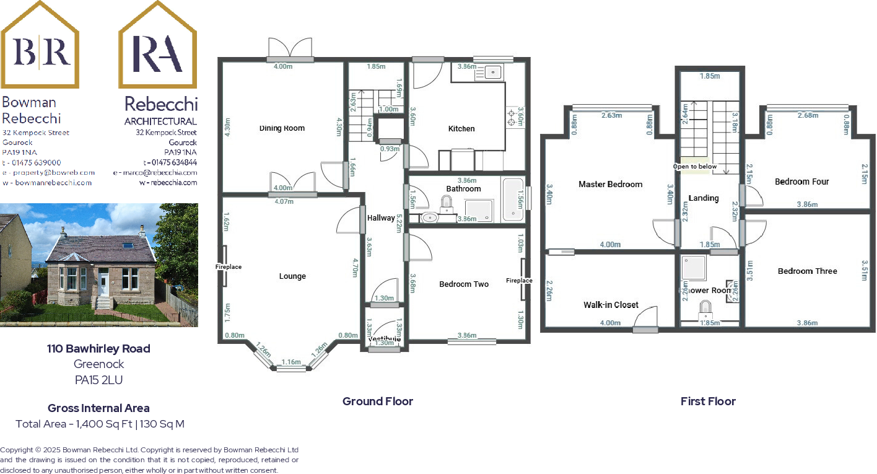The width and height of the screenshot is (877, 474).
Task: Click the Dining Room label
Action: pyautogui.click(x=282, y=128)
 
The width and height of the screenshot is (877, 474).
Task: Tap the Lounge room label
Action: pyautogui.click(x=292, y=276)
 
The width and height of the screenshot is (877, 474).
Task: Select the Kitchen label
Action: pyautogui.click(x=461, y=129)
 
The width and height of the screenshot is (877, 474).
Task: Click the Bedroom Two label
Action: pyautogui.click(x=464, y=284)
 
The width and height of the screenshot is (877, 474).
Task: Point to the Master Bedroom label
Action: pyautogui.click(x=610, y=184)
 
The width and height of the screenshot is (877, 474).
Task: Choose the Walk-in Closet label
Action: pyautogui.click(x=611, y=305)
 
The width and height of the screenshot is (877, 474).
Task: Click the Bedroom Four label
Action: pyautogui.click(x=801, y=182)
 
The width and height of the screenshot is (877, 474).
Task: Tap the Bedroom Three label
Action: pyautogui.click(x=807, y=271)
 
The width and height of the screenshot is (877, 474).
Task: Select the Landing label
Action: pyautogui.click(x=704, y=198)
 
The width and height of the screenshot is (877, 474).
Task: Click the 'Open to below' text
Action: pyautogui.click(x=695, y=167)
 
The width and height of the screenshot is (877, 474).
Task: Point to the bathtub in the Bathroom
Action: pyautogui.click(x=513, y=200)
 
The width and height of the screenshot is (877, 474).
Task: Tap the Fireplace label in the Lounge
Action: pyautogui.click(x=229, y=267)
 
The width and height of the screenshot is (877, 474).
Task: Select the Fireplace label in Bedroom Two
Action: pyautogui.click(x=518, y=281)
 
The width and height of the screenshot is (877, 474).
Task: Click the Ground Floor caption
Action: pyautogui.click(x=378, y=402)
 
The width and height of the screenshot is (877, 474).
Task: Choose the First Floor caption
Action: pyautogui.click(x=708, y=402)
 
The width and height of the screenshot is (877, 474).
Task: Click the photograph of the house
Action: pyautogui.click(x=99, y=265)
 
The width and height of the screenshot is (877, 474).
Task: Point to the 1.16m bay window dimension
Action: pyautogui.click(x=290, y=362)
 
